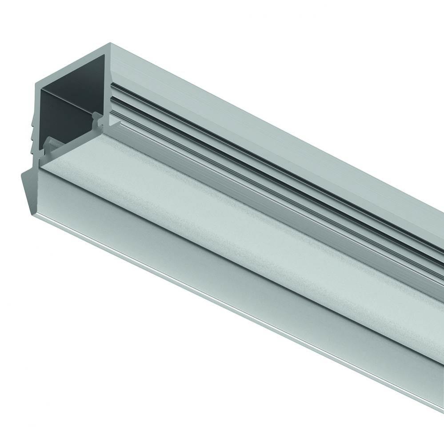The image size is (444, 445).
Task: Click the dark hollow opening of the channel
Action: pos(67,111)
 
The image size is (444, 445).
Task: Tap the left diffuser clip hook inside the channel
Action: pos(49,145)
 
